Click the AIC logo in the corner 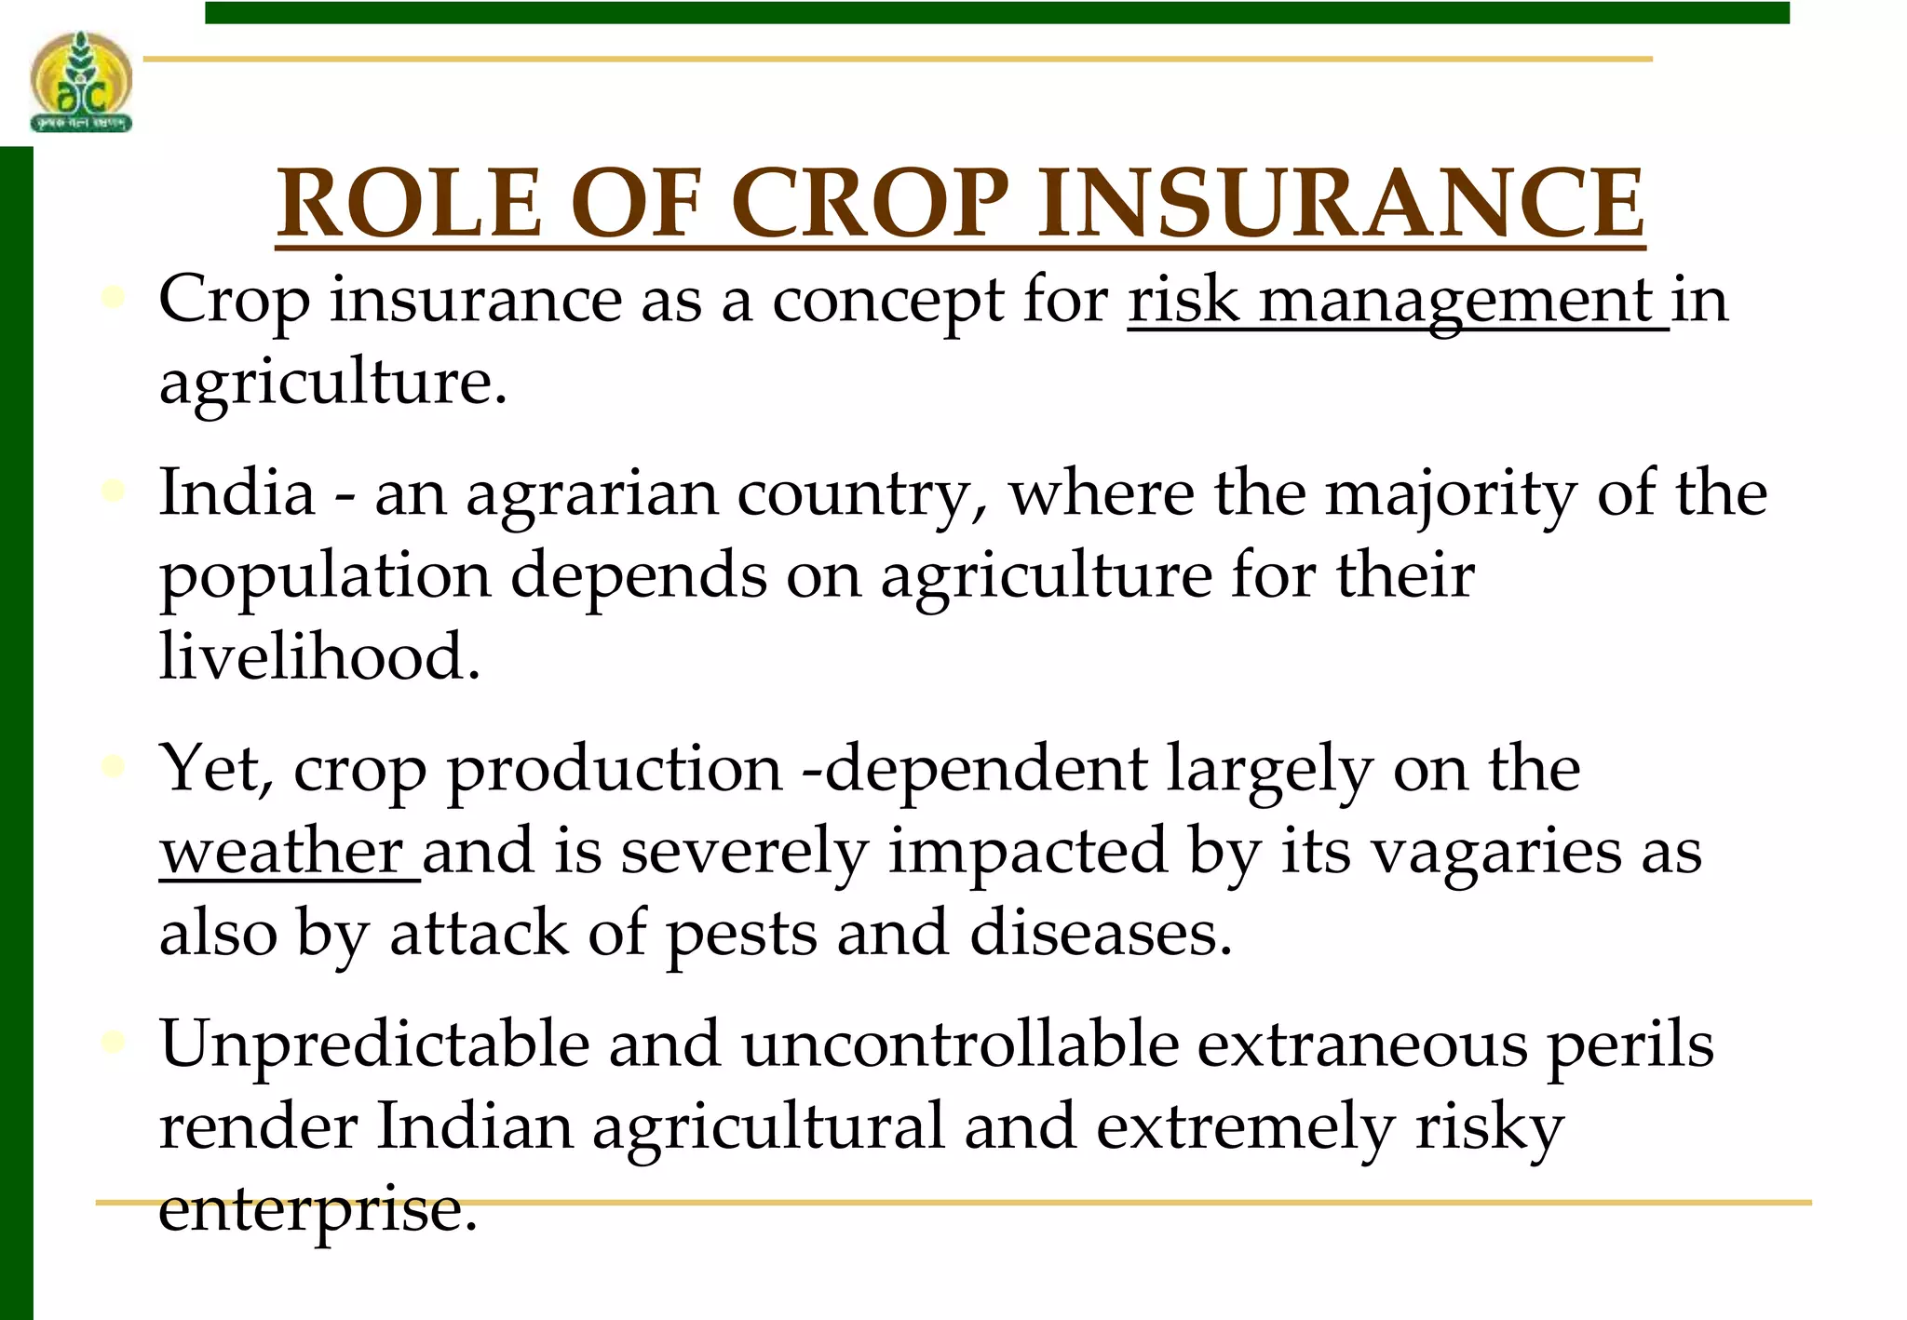pos(81,82)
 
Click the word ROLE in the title pos(409,203)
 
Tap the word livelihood pos(319,655)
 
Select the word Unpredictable pos(374,1044)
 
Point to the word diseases pos(1101,933)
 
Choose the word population pos(325,575)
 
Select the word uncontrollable pos(960,1044)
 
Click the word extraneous pos(1362,1044)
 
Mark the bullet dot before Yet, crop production pos(113,766)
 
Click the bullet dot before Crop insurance pos(113,297)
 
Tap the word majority pos(1451,493)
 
